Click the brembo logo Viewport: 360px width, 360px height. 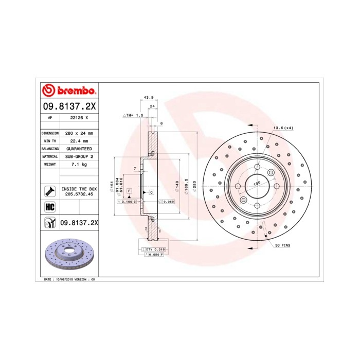pyautogui.click(x=69, y=91)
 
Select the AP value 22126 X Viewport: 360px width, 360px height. pyautogui.click(x=79, y=118)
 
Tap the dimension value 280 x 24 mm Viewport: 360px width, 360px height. pyautogui.click(x=79, y=133)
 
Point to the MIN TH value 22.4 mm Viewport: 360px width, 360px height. pyautogui.click(x=79, y=140)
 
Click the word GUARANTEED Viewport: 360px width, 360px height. pyautogui.click(x=79, y=148)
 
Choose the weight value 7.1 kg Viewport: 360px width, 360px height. pyautogui.click(x=79, y=164)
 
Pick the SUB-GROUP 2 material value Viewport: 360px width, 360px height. pyautogui.click(x=79, y=156)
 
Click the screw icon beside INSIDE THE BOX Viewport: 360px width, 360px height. pyautogui.click(x=50, y=191)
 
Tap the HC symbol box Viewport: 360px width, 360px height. pyautogui.click(x=50, y=207)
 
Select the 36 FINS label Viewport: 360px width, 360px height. pyautogui.click(x=283, y=246)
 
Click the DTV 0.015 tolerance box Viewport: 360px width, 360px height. pyautogui.click(x=152, y=249)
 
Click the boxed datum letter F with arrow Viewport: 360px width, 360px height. pyautogui.click(x=129, y=191)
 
